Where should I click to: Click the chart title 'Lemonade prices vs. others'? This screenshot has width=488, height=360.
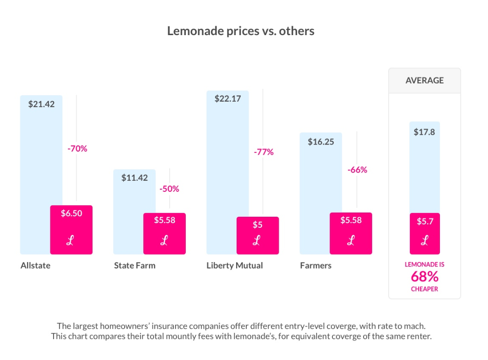(x=240, y=31)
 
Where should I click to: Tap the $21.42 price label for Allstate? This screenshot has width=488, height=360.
(x=41, y=104)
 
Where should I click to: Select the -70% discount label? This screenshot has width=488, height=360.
(x=77, y=149)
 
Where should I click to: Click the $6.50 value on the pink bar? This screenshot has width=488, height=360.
(x=71, y=214)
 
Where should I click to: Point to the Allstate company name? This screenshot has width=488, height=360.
(x=35, y=266)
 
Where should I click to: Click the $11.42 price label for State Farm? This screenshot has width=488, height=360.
(x=134, y=177)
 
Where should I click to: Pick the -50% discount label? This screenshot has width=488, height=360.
(x=169, y=189)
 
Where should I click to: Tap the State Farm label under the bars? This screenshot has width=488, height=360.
(x=134, y=266)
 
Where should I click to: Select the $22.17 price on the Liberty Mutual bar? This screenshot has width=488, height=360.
(x=227, y=98)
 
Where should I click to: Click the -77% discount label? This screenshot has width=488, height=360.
(x=263, y=152)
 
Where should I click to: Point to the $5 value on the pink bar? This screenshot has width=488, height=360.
(x=257, y=225)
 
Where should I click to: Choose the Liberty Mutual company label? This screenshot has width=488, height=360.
(x=234, y=266)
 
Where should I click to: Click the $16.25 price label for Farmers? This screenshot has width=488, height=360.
(x=321, y=142)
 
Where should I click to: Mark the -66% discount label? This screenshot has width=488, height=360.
(x=357, y=170)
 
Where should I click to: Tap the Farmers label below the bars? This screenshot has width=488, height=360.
(x=316, y=266)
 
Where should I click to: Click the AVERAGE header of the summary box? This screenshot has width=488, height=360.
(x=424, y=80)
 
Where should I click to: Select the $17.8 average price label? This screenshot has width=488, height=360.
(x=424, y=132)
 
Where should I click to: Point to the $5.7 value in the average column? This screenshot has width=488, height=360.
(x=424, y=222)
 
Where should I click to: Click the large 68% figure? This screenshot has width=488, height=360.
(x=424, y=277)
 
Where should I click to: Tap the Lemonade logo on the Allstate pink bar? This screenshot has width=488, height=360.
(x=70, y=241)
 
